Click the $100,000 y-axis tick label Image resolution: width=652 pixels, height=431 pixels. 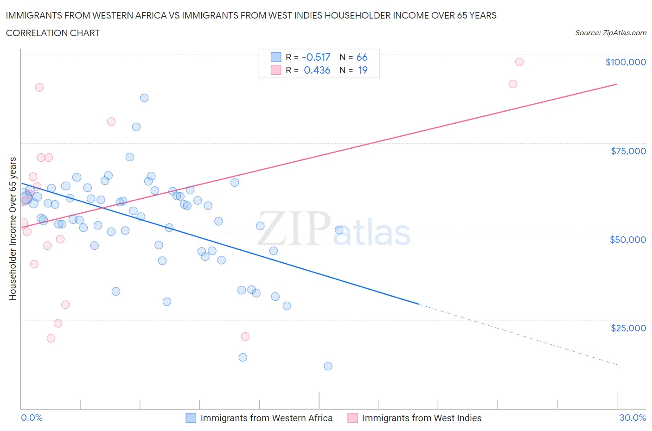tap(626, 63)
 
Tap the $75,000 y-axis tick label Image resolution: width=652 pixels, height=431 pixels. tap(628, 151)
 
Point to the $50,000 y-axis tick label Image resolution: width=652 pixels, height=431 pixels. tap(628, 240)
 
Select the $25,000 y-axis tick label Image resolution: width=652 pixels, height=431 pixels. tap(628, 328)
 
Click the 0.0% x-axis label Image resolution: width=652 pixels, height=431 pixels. tap(32, 418)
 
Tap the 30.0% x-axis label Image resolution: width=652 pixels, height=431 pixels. tap(633, 418)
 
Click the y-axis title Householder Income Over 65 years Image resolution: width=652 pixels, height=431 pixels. tap(13, 228)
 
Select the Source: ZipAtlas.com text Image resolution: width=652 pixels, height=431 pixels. tap(610, 33)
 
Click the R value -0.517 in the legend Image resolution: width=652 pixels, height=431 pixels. tap(316, 57)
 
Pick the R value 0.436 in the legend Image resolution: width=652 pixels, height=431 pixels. tap(317, 70)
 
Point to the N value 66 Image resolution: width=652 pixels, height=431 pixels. tap(362, 57)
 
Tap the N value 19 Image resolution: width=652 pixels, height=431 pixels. tap(363, 70)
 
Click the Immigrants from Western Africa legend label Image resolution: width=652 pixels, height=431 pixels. tap(266, 418)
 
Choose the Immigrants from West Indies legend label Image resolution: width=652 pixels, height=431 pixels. tap(422, 418)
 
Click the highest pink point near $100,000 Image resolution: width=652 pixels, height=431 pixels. tap(519, 62)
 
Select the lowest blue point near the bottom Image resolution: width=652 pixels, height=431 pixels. tap(328, 366)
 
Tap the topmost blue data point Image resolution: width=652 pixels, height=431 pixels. tap(144, 98)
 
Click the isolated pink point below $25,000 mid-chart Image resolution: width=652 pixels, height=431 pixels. tap(245, 336)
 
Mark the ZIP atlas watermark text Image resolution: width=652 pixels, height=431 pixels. tap(334, 229)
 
